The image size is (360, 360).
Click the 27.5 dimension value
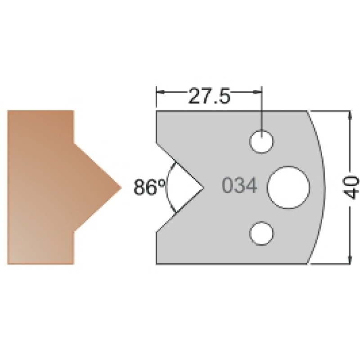coord(209,95)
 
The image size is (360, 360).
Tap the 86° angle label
coord(149,187)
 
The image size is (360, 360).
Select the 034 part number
coord(240,185)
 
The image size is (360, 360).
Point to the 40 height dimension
coord(352,187)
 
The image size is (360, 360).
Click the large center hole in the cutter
coord(288,187)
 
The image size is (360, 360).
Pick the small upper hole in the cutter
coord(261,141)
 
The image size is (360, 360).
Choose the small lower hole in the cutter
coord(261,233)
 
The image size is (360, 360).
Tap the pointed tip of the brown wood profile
coord(121,188)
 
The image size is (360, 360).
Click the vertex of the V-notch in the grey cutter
coord(204,188)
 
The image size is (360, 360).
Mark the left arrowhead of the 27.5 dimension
coord(160,92)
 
